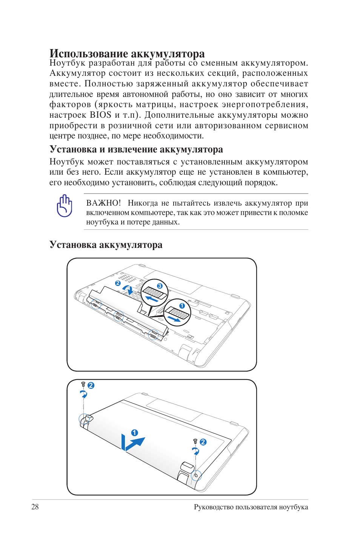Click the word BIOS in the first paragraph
(100, 115)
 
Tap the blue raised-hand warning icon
(65, 206)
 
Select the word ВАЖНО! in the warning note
(103, 203)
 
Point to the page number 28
(35, 507)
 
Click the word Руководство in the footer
(214, 507)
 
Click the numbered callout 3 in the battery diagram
(160, 286)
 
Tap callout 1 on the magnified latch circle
(182, 306)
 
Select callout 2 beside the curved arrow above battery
(118, 283)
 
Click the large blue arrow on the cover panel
(132, 443)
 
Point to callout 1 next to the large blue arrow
(134, 432)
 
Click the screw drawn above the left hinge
(83, 384)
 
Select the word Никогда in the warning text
(143, 203)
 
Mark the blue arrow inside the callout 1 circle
(174, 319)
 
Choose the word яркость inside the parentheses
(115, 105)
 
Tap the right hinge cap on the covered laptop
(187, 467)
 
